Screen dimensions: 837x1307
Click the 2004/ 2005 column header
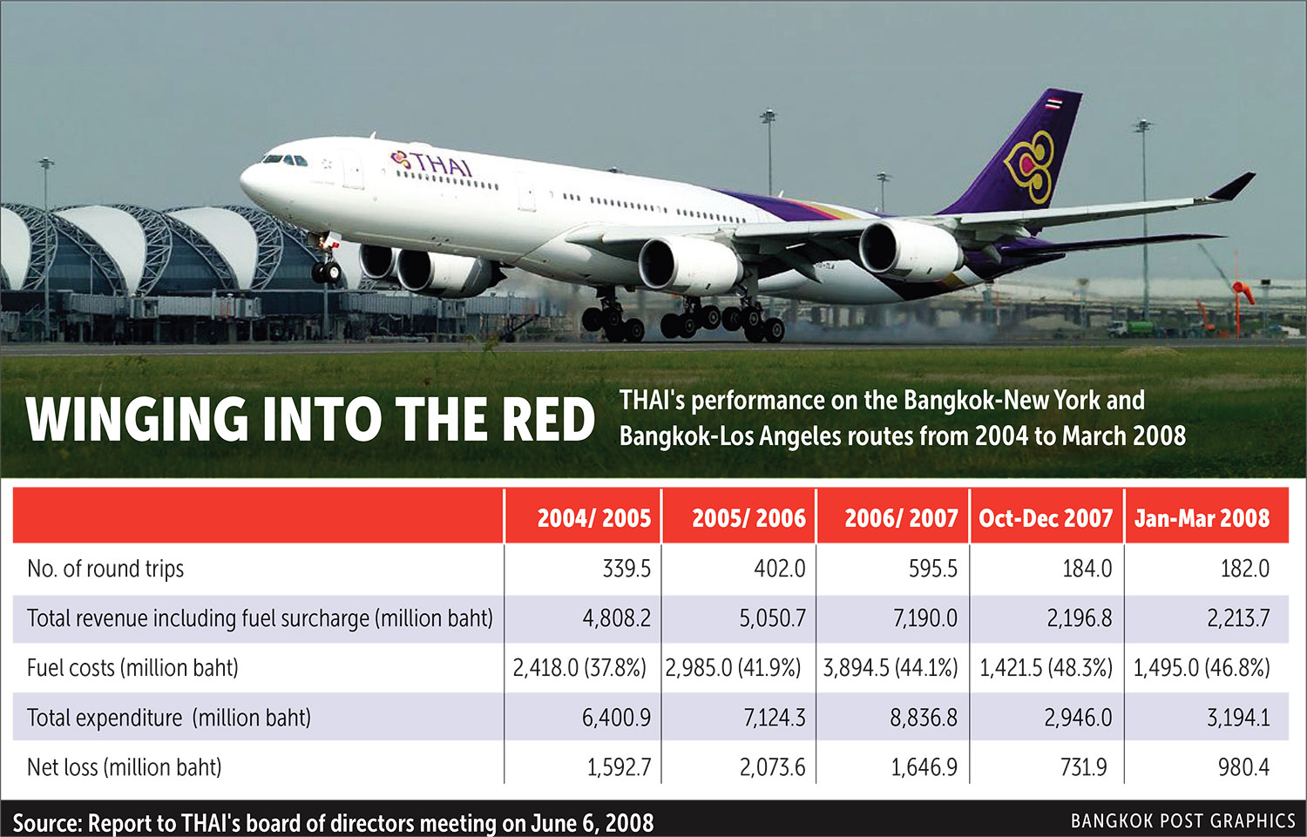(593, 518)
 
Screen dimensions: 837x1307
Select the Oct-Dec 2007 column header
(1046, 518)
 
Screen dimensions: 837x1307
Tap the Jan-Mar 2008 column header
(1202, 518)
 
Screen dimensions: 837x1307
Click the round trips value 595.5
(932, 569)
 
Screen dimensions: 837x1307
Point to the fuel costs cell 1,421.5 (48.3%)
(1046, 668)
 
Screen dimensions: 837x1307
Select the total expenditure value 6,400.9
(616, 718)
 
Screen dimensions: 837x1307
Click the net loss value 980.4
(1243, 767)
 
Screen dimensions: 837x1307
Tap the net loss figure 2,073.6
(772, 767)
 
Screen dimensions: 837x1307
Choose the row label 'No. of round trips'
(105, 569)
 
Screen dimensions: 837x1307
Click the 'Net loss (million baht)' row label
(125, 767)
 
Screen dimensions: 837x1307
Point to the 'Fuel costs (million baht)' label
(132, 668)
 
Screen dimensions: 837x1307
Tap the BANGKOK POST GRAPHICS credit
(1182, 821)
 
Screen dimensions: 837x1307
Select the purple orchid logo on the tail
(1031, 165)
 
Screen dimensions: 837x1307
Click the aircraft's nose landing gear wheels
(327, 272)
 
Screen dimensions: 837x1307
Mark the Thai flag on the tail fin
(1053, 102)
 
